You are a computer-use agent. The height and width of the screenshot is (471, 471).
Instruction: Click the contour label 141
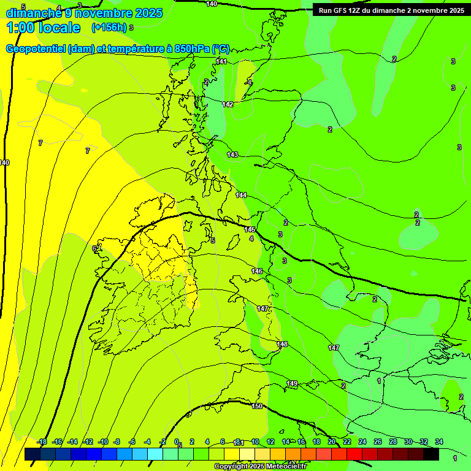221,62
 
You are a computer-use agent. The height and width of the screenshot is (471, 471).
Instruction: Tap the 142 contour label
228,105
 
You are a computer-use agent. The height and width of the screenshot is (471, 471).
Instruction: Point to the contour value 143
232,155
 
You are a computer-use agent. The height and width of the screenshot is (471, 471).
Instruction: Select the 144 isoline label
241,195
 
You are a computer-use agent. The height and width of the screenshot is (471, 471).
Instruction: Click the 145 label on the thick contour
250,229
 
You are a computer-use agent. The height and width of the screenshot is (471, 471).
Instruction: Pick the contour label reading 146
257,271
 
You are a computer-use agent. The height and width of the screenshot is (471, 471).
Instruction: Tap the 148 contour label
282,344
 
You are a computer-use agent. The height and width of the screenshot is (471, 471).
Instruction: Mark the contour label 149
292,383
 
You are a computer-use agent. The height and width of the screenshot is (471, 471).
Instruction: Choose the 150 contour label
257,406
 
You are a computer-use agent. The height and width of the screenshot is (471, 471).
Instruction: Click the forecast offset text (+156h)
109,28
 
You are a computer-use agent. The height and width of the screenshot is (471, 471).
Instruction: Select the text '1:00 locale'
44,28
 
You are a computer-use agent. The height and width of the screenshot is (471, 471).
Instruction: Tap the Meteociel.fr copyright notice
260,466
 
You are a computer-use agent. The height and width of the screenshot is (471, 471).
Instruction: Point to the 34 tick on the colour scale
439,442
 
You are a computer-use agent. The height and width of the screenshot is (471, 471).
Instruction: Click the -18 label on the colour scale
42,442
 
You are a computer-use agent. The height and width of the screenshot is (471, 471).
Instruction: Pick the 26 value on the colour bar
377,442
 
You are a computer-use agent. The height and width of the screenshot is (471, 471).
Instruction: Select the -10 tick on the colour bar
103,442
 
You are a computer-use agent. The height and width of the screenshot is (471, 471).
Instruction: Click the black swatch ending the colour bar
431,454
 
